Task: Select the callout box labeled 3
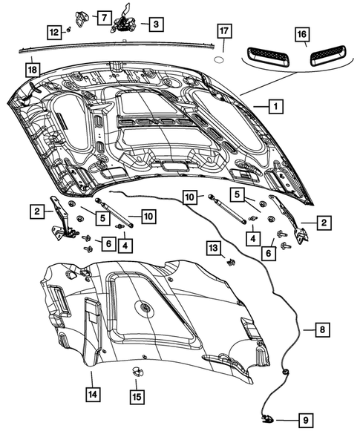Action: [x=155, y=25]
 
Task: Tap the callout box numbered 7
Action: [x=103, y=16]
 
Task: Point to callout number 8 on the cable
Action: [x=322, y=329]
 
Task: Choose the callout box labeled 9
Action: [x=304, y=420]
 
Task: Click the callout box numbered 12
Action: [x=55, y=31]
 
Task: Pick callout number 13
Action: [x=214, y=247]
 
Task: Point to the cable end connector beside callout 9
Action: [x=267, y=420]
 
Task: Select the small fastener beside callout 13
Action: [x=231, y=262]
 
